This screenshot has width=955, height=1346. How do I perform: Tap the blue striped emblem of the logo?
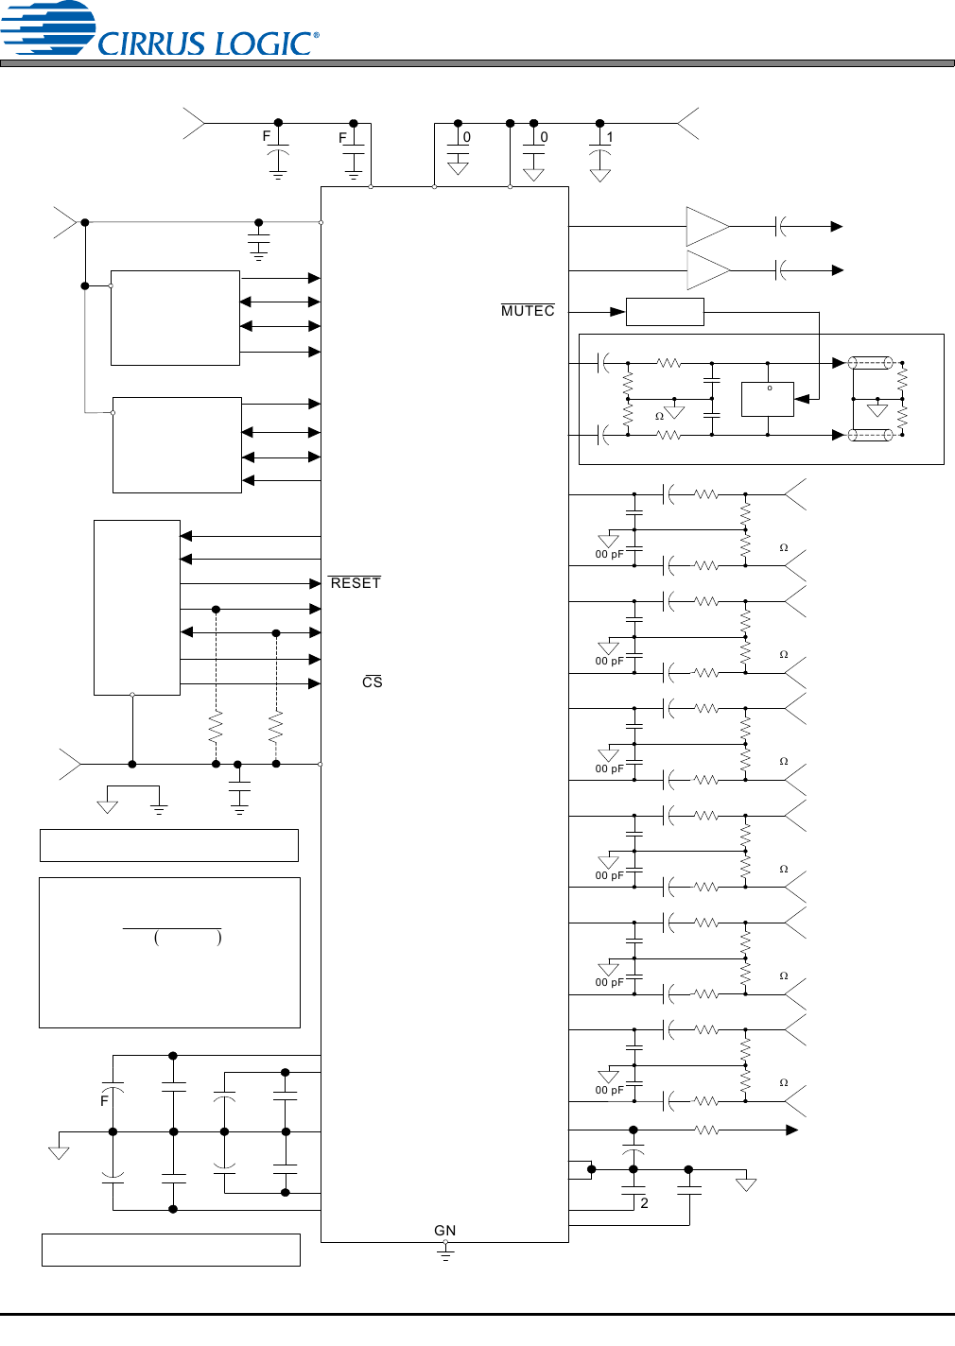tap(47, 26)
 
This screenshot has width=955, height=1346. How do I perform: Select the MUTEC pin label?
tap(528, 311)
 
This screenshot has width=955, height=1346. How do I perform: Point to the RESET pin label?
tap(356, 583)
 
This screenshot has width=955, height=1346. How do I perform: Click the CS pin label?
tap(373, 682)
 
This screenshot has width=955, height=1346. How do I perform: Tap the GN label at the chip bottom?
tap(444, 1231)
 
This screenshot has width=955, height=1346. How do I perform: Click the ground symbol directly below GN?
tap(445, 1251)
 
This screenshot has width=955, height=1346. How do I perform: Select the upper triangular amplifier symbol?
tap(706, 227)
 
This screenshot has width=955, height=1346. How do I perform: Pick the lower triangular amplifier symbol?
tap(706, 270)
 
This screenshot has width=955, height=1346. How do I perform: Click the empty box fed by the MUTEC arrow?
tap(665, 312)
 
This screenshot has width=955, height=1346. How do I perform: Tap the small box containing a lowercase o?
tap(767, 399)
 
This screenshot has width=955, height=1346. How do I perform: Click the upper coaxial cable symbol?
tap(870, 362)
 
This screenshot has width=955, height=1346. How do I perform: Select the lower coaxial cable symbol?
tap(870, 435)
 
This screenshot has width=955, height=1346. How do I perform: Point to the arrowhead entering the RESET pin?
tap(315, 583)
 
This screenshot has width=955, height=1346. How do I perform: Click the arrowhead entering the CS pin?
tap(315, 683)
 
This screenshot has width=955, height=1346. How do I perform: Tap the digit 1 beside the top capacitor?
tap(610, 138)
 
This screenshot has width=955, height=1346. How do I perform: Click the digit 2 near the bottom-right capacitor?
tap(644, 1203)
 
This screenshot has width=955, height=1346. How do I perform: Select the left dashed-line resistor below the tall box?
tap(216, 728)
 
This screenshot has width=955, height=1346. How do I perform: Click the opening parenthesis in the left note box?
tap(156, 938)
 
